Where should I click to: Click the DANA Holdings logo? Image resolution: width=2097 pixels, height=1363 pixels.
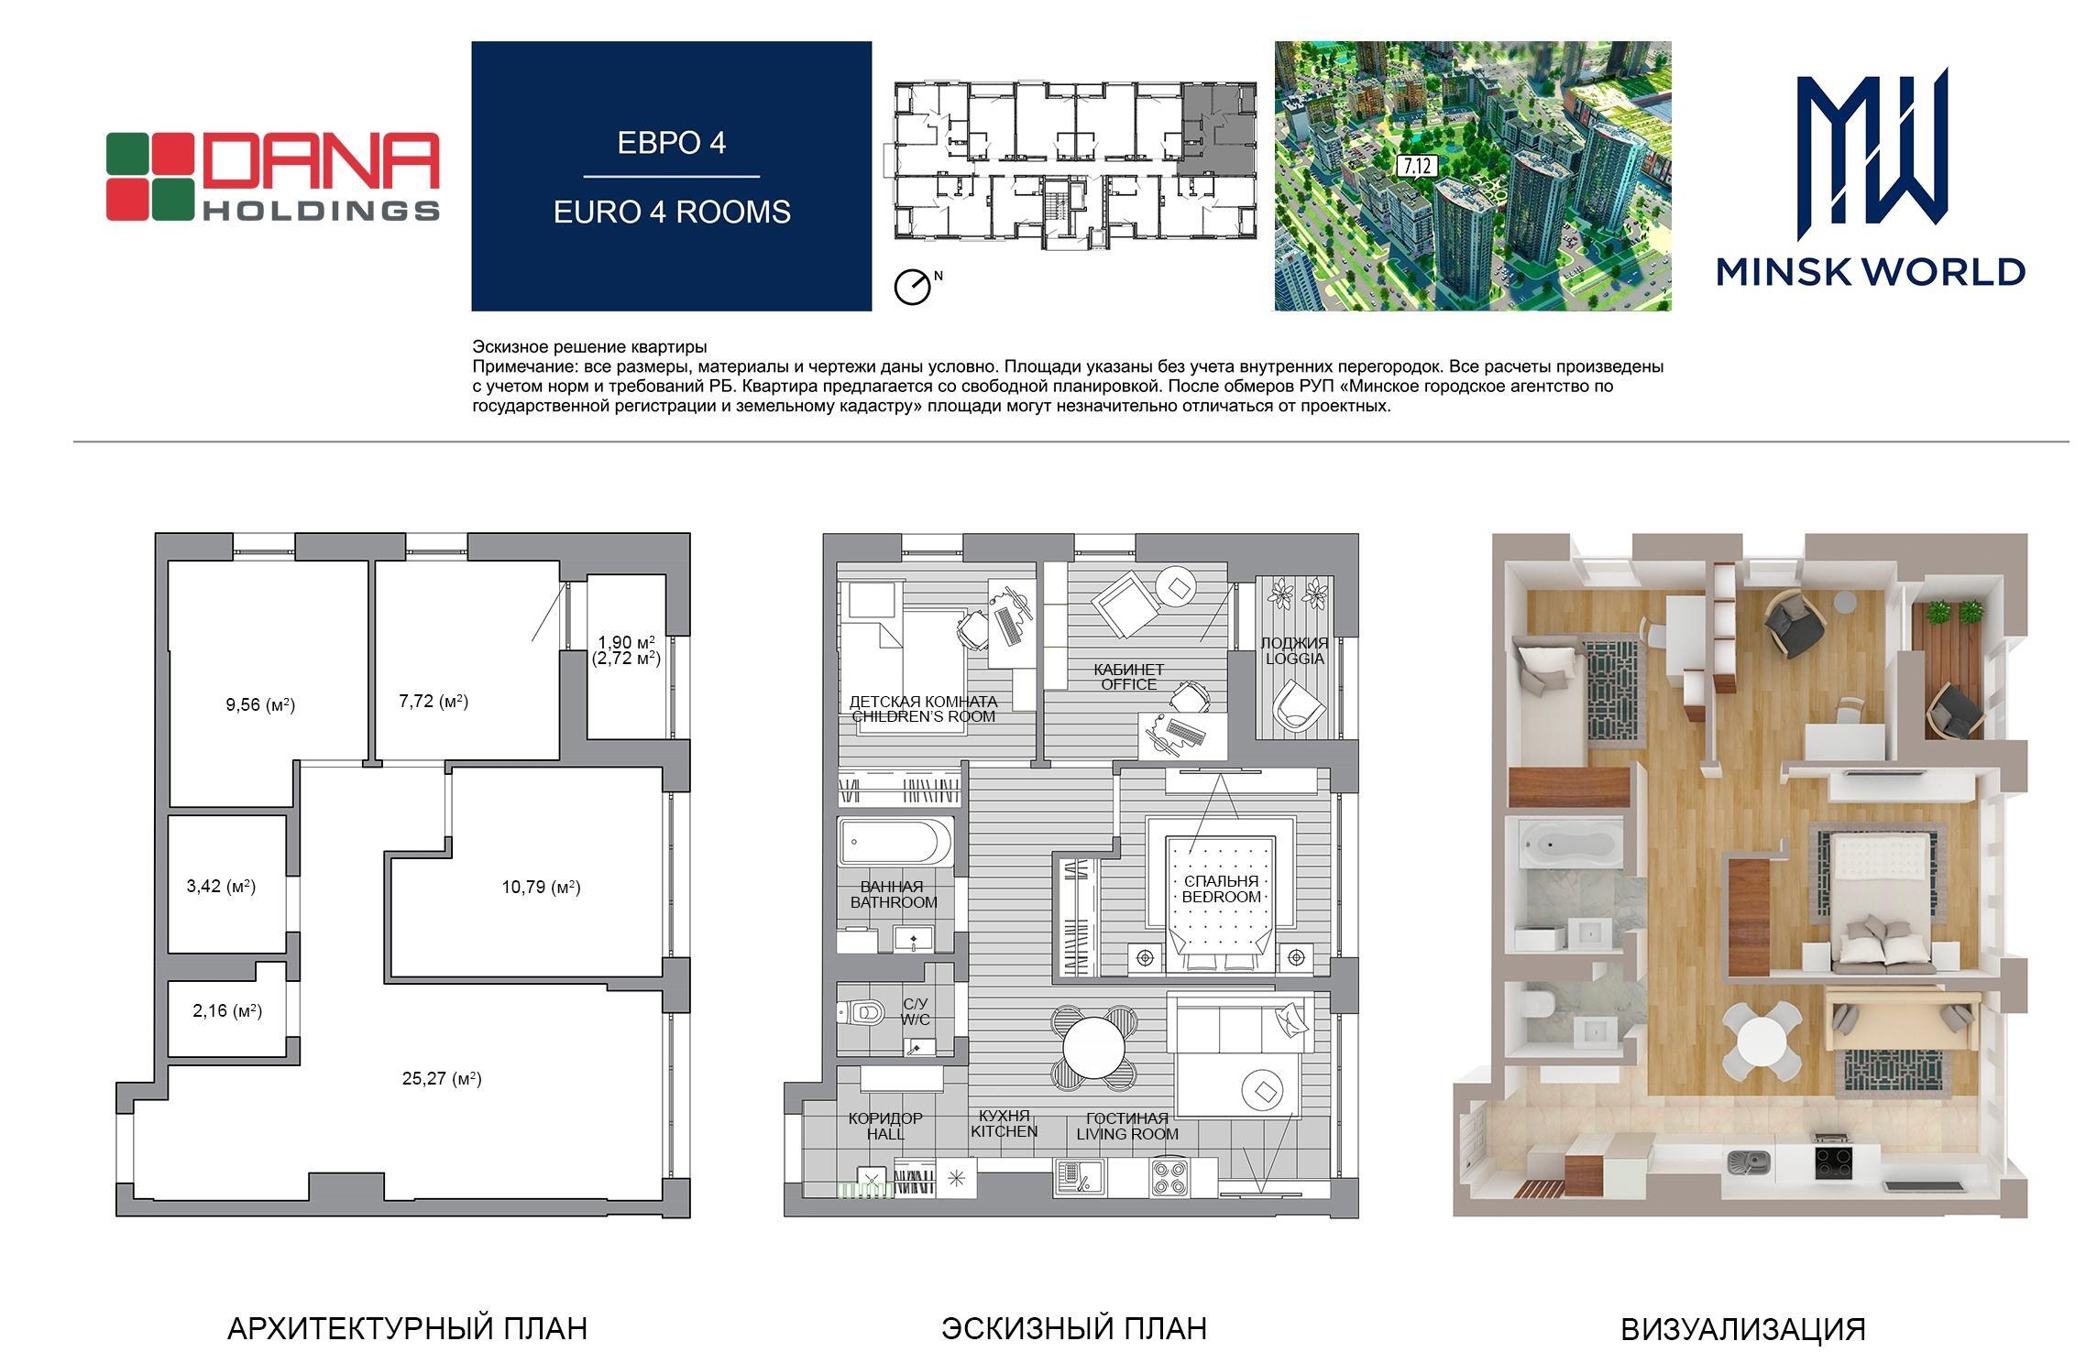coord(273,177)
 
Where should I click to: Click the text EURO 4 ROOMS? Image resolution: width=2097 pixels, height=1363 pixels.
coord(672,212)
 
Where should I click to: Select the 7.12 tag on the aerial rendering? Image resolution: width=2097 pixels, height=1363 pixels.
coord(1416,166)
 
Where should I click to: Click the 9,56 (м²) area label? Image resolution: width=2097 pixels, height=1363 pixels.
coord(260,704)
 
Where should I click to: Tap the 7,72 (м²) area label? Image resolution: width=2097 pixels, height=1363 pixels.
coord(434,701)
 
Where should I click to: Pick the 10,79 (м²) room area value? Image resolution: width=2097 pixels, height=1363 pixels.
coord(541,887)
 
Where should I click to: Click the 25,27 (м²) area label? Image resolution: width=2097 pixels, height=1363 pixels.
coord(442,1078)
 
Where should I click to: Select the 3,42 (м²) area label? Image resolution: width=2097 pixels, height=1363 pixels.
coord(221,886)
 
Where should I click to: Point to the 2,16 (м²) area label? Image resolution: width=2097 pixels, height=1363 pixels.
coord(227,1011)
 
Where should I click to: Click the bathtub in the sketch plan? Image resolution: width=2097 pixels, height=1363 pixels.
coord(895,842)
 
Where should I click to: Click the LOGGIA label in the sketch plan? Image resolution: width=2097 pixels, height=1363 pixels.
coord(1294,658)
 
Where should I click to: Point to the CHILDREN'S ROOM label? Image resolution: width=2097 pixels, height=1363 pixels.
coord(923,716)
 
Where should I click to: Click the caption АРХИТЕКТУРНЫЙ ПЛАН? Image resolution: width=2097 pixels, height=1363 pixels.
coord(407,1328)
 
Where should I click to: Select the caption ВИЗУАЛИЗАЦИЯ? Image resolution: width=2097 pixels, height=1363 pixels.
coord(1743,1329)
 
